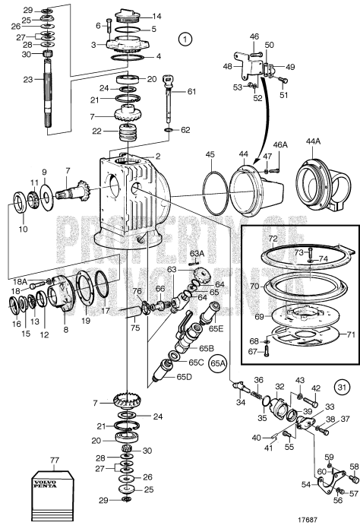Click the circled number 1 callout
[x=182, y=36]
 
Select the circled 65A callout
[x=218, y=362]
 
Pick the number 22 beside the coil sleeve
[x=96, y=131]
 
